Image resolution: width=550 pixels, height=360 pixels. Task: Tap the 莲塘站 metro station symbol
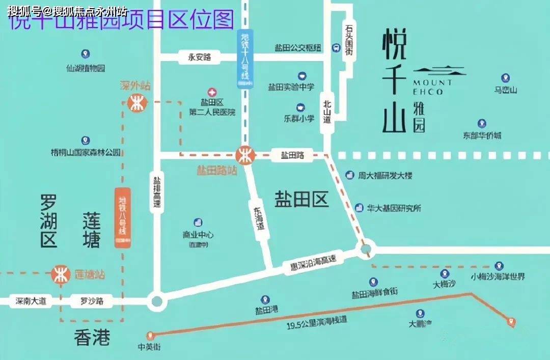tap(61, 274)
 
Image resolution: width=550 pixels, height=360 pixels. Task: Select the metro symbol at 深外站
tap(136, 104)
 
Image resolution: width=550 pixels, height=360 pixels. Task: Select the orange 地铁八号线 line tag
tap(122, 218)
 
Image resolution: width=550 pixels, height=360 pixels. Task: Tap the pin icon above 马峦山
tap(505, 78)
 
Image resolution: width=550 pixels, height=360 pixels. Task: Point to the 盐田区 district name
tap(301, 199)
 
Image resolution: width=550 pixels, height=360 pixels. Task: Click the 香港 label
tap(92, 338)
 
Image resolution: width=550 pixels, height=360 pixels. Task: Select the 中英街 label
tap(149, 347)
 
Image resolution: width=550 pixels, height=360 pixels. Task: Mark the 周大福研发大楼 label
tap(384, 176)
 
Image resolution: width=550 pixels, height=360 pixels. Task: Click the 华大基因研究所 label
tap(394, 208)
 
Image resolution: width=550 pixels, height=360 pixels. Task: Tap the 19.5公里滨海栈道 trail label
tap(316, 321)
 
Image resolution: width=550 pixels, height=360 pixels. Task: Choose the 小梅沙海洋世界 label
tap(498, 277)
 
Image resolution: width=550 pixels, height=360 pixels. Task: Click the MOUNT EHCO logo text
tap(432, 87)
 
